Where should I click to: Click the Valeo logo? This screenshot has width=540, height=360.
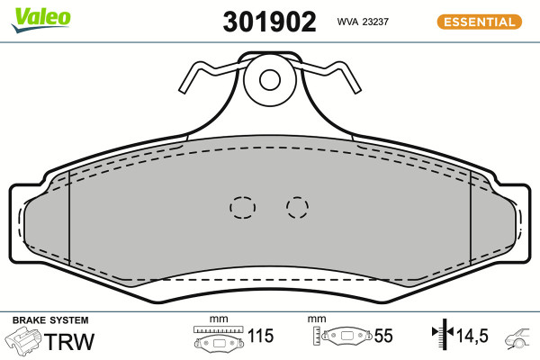tap(40, 20)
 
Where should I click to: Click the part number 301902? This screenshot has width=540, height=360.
tap(269, 22)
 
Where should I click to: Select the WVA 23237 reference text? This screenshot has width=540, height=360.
tap(363, 22)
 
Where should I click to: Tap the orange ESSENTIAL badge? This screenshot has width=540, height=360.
tap(480, 22)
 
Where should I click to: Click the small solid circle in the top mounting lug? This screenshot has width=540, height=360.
tap(270, 79)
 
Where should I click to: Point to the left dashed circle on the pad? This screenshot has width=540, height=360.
tap(242, 207)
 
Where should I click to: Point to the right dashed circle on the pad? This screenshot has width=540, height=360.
tap(297, 207)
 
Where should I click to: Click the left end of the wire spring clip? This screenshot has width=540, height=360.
tap(182, 91)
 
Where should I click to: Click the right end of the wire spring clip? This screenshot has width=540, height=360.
tap(357, 91)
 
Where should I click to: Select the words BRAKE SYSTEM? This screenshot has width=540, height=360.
tap(50, 320)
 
